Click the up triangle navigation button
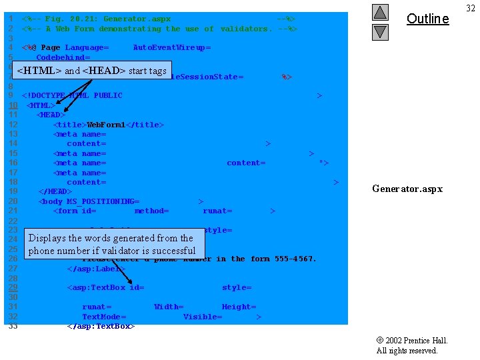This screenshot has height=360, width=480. (x=380, y=12)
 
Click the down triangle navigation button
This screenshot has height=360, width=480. (x=380, y=31)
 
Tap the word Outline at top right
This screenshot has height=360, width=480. (x=427, y=19)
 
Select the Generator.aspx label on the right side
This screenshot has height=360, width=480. (x=407, y=189)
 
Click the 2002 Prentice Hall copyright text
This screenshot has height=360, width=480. (x=411, y=345)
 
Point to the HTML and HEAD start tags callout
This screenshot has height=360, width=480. (x=92, y=70)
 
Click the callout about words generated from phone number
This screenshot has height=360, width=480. (x=112, y=244)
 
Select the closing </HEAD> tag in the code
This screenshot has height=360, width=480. (x=55, y=192)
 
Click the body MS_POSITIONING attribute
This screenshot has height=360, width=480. (x=89, y=201)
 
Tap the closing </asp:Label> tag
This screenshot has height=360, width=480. (x=96, y=269)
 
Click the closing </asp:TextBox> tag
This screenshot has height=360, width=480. (x=101, y=326)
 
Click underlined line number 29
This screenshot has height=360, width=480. (x=13, y=287)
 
